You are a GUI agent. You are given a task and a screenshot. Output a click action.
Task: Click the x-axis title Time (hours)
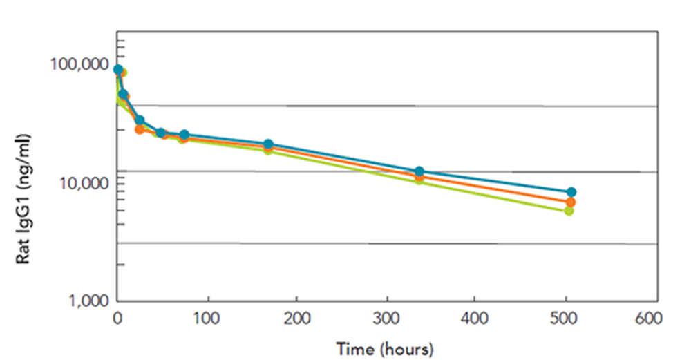[384, 348]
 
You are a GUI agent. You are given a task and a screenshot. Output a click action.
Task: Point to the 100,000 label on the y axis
[77, 65]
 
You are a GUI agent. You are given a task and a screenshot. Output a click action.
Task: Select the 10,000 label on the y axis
[81, 183]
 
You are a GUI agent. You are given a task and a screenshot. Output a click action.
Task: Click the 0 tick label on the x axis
[117, 319]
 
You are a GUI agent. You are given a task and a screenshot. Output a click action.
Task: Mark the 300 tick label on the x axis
[386, 319]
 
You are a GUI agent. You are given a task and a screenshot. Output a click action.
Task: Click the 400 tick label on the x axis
[475, 319]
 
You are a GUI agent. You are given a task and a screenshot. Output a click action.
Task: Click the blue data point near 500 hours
[571, 191]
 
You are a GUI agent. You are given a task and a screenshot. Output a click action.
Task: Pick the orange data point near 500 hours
[570, 202]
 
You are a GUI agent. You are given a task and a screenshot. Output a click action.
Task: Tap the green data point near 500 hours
[569, 210]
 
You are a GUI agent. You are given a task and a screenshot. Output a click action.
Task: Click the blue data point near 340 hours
[419, 171]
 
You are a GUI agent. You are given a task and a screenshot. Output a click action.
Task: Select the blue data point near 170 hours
[268, 144]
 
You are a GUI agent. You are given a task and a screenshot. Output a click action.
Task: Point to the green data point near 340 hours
[419, 180]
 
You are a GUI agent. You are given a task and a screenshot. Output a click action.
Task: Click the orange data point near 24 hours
[139, 129]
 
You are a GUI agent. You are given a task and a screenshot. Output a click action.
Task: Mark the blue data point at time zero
[118, 70]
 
